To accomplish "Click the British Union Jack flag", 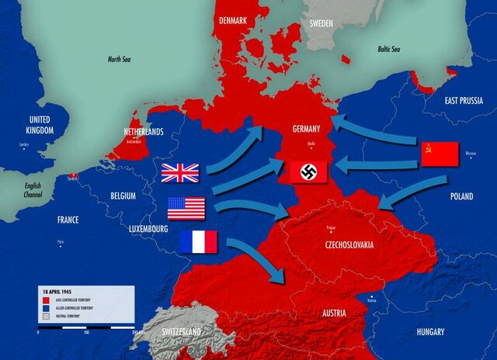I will click(180, 172).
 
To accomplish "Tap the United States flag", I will click(186, 208).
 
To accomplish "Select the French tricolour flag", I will click(199, 241).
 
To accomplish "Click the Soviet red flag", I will click(440, 154).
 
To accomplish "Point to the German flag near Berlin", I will click(308, 171).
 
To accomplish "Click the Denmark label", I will click(234, 20).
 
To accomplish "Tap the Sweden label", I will click(321, 23).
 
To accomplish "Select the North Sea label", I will click(120, 58).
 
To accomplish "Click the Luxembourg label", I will click(148, 229).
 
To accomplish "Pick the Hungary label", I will click(429, 332).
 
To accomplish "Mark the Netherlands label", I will click(144, 132).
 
